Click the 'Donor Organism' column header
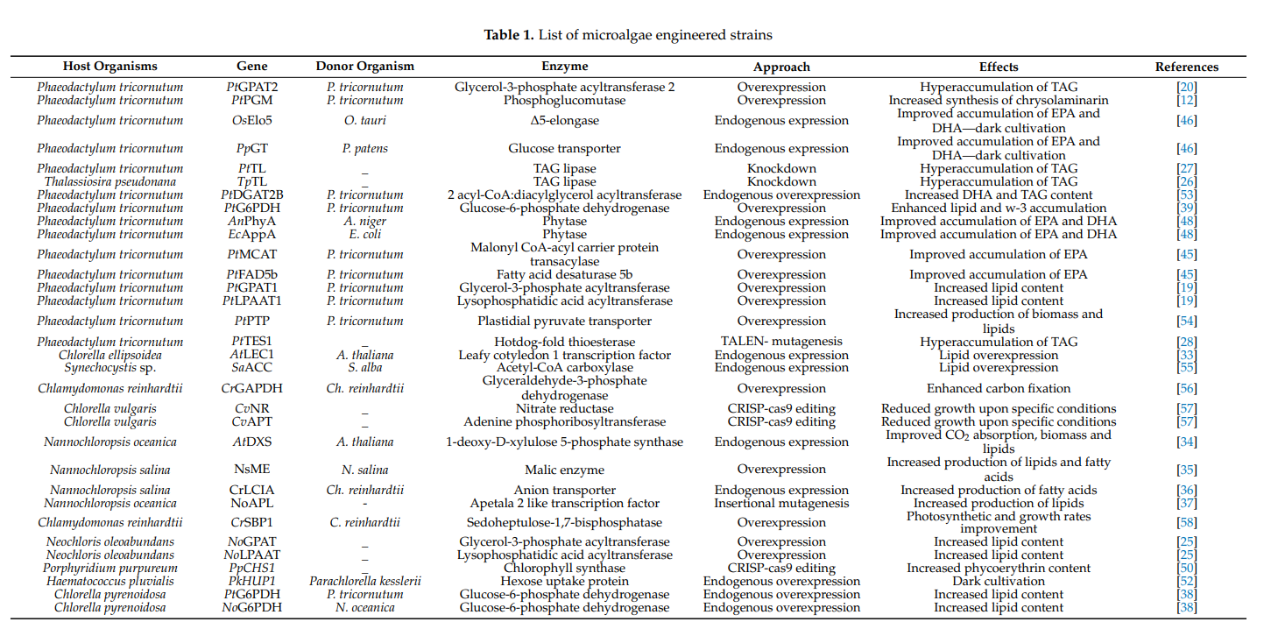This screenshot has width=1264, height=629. (x=364, y=67)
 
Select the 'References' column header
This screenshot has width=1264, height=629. (x=1186, y=67)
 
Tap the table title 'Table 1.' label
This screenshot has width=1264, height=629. (x=508, y=35)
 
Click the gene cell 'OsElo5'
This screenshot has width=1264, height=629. (x=252, y=121)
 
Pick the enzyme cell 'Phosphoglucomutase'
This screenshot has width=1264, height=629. (x=564, y=101)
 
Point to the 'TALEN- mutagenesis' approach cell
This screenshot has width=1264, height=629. (x=781, y=342)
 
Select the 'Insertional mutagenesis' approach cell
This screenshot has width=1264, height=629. (x=781, y=504)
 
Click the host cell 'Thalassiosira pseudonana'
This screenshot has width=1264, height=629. (x=110, y=181)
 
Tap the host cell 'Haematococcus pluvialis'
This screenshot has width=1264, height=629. (x=110, y=581)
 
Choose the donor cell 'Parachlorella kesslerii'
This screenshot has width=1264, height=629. (x=364, y=581)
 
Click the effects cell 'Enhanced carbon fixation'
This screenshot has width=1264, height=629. (x=999, y=388)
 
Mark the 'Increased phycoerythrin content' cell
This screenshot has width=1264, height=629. (x=999, y=568)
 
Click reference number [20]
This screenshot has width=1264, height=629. (x=1186, y=87)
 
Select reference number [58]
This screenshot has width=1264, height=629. (x=1186, y=523)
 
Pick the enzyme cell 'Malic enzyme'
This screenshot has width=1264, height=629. (x=564, y=470)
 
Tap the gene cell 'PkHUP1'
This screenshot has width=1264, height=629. (x=252, y=581)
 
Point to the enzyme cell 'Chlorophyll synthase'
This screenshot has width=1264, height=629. (x=564, y=568)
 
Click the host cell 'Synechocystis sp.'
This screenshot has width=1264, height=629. (x=110, y=368)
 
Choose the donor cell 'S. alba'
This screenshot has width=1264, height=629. (x=364, y=368)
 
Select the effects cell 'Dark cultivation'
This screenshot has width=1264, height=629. (x=999, y=581)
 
